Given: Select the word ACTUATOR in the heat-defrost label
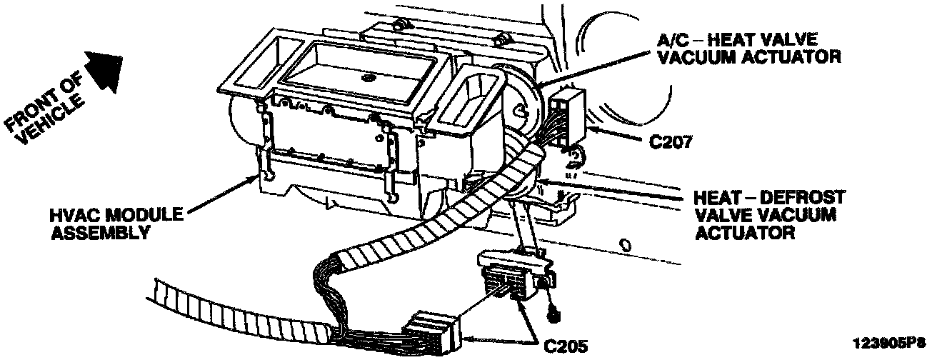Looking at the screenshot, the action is coord(738,232).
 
